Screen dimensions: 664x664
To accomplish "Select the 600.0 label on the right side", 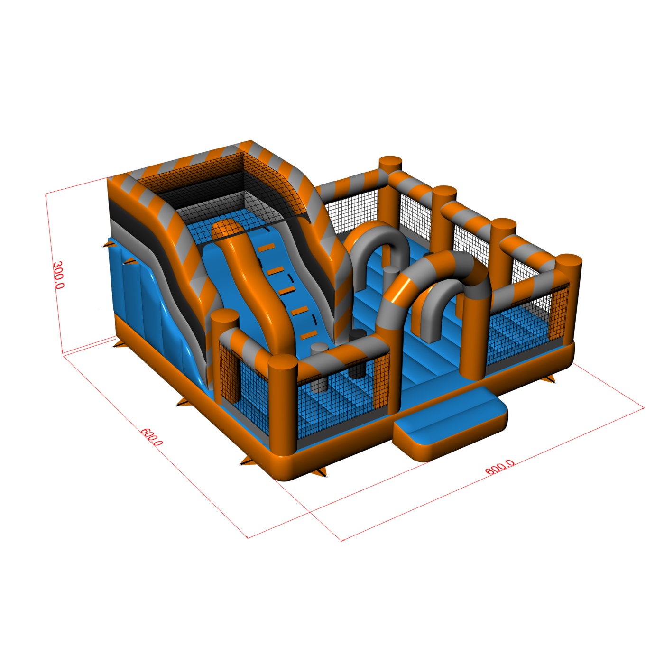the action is [499, 467].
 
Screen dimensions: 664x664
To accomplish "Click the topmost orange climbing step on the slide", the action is [266, 247].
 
